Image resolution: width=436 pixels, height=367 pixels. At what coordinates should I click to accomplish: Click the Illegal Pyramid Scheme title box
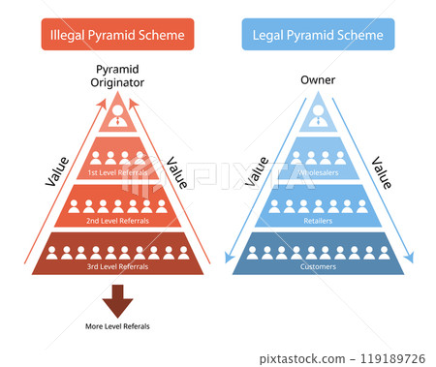[117, 36]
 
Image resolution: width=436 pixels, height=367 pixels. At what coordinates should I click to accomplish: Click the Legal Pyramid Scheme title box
[318, 36]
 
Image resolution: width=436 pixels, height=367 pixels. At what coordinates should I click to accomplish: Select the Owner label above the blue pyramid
[318, 80]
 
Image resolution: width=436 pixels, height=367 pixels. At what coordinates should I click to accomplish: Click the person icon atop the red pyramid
[118, 116]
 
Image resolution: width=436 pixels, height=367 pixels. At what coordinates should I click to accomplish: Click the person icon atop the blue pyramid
[318, 116]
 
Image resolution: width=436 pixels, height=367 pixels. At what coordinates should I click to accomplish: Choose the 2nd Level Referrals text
[118, 221]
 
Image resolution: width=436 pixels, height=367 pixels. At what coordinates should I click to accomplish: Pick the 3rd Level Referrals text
[118, 265]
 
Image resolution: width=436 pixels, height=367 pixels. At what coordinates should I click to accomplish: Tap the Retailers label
[318, 221]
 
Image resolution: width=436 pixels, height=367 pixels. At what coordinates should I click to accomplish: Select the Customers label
[318, 265]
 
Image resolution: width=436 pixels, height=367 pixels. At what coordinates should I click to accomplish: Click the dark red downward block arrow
[118, 299]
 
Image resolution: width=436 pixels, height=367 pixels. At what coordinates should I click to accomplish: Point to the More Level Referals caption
[118, 326]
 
